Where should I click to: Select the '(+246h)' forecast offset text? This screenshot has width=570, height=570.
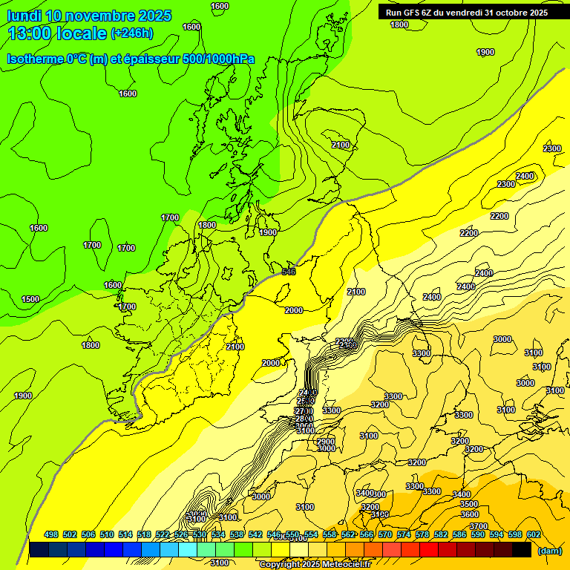(132, 33)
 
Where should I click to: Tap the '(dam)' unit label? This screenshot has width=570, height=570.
(548, 550)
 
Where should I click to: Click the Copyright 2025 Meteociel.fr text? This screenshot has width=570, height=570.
(315, 565)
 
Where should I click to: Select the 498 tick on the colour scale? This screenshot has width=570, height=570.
(51, 534)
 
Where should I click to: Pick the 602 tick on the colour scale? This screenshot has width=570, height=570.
(533, 534)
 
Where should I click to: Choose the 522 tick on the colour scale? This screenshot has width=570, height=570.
(163, 534)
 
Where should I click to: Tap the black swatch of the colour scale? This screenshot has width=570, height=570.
(522, 550)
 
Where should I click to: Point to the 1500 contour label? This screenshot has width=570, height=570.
(30, 299)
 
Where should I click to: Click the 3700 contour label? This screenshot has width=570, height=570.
(479, 526)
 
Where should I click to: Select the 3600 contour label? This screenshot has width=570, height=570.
(469, 514)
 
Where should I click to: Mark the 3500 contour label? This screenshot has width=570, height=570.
(469, 504)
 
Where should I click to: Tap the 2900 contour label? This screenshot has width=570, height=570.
(326, 442)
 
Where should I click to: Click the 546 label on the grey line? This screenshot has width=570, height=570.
(289, 272)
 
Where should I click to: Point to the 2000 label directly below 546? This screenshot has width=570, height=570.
(294, 310)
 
